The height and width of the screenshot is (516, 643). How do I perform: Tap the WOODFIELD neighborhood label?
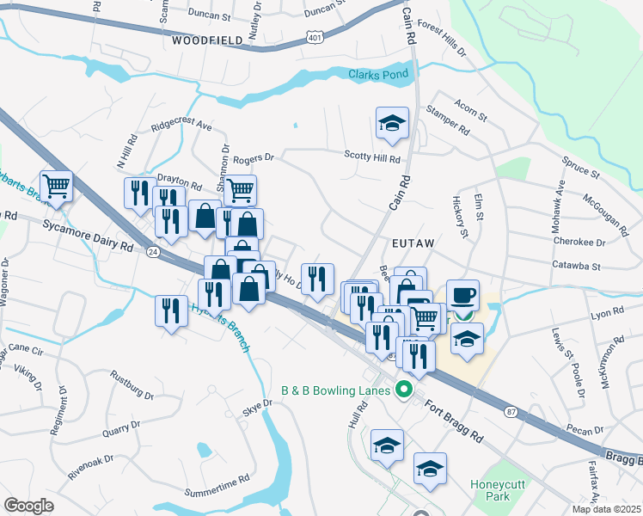pyautogui.click(x=207, y=40)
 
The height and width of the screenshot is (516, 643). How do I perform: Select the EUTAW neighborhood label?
pyautogui.click(x=414, y=244)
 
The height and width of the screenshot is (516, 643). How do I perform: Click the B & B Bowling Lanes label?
pyautogui.click(x=335, y=390)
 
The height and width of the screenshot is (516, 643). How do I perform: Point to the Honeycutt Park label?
pyautogui.click(x=498, y=491)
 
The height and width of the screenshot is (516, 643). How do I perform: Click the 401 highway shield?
pyautogui.click(x=315, y=38)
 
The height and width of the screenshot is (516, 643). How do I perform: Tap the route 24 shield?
pyautogui.click(x=152, y=251)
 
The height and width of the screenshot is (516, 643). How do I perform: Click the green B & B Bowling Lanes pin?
pyautogui.click(x=401, y=391)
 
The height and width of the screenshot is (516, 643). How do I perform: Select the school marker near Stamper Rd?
pyautogui.click(x=392, y=123)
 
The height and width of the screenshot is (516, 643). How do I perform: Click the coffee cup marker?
pyautogui.click(x=463, y=294)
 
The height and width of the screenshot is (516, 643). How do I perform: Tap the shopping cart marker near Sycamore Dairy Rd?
pyautogui.click(x=56, y=185)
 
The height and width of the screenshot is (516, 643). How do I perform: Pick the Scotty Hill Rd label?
pyautogui.click(x=373, y=159)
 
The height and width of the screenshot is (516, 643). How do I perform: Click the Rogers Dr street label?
pyautogui.click(x=253, y=158)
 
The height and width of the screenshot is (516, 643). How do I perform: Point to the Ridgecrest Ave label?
pyautogui.click(x=181, y=124)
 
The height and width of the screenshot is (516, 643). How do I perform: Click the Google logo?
pyautogui.click(x=28, y=505)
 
